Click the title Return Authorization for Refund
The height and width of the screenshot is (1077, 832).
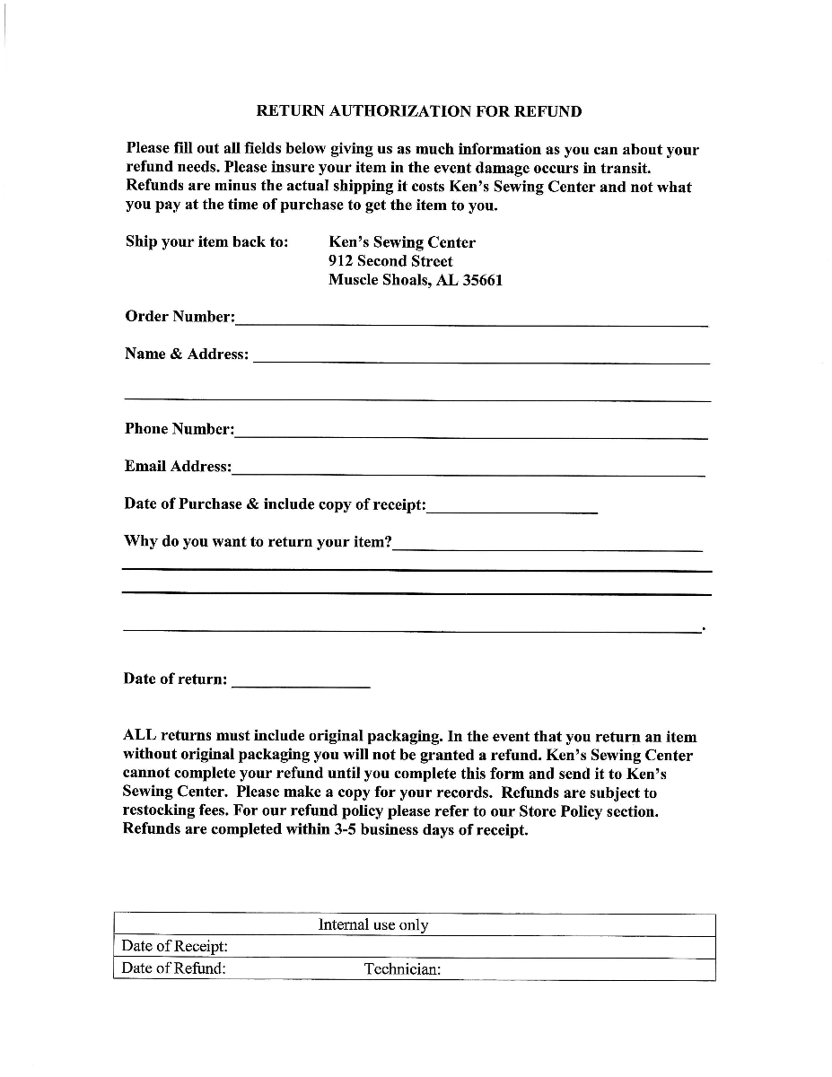click(419, 112)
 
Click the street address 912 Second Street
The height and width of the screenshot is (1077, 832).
click(390, 261)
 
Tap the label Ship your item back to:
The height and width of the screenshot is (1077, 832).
click(207, 242)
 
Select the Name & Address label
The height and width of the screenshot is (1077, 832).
click(187, 355)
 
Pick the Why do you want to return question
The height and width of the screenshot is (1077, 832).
click(258, 542)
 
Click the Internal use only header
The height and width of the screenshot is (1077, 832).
click(373, 925)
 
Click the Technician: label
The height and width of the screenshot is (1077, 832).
click(402, 969)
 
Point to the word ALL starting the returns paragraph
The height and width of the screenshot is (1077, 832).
click(139, 737)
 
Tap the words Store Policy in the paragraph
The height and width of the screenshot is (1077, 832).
click(546, 811)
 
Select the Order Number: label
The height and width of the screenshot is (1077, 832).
click(180, 317)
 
